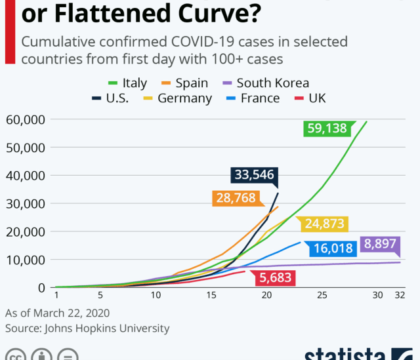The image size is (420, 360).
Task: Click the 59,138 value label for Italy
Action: point(325,129)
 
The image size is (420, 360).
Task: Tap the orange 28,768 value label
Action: point(234,198)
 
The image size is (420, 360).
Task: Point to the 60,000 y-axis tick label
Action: point(25,119)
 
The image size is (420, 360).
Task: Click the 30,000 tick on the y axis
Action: point(25,203)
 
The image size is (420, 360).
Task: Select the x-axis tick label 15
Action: point(211,296)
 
